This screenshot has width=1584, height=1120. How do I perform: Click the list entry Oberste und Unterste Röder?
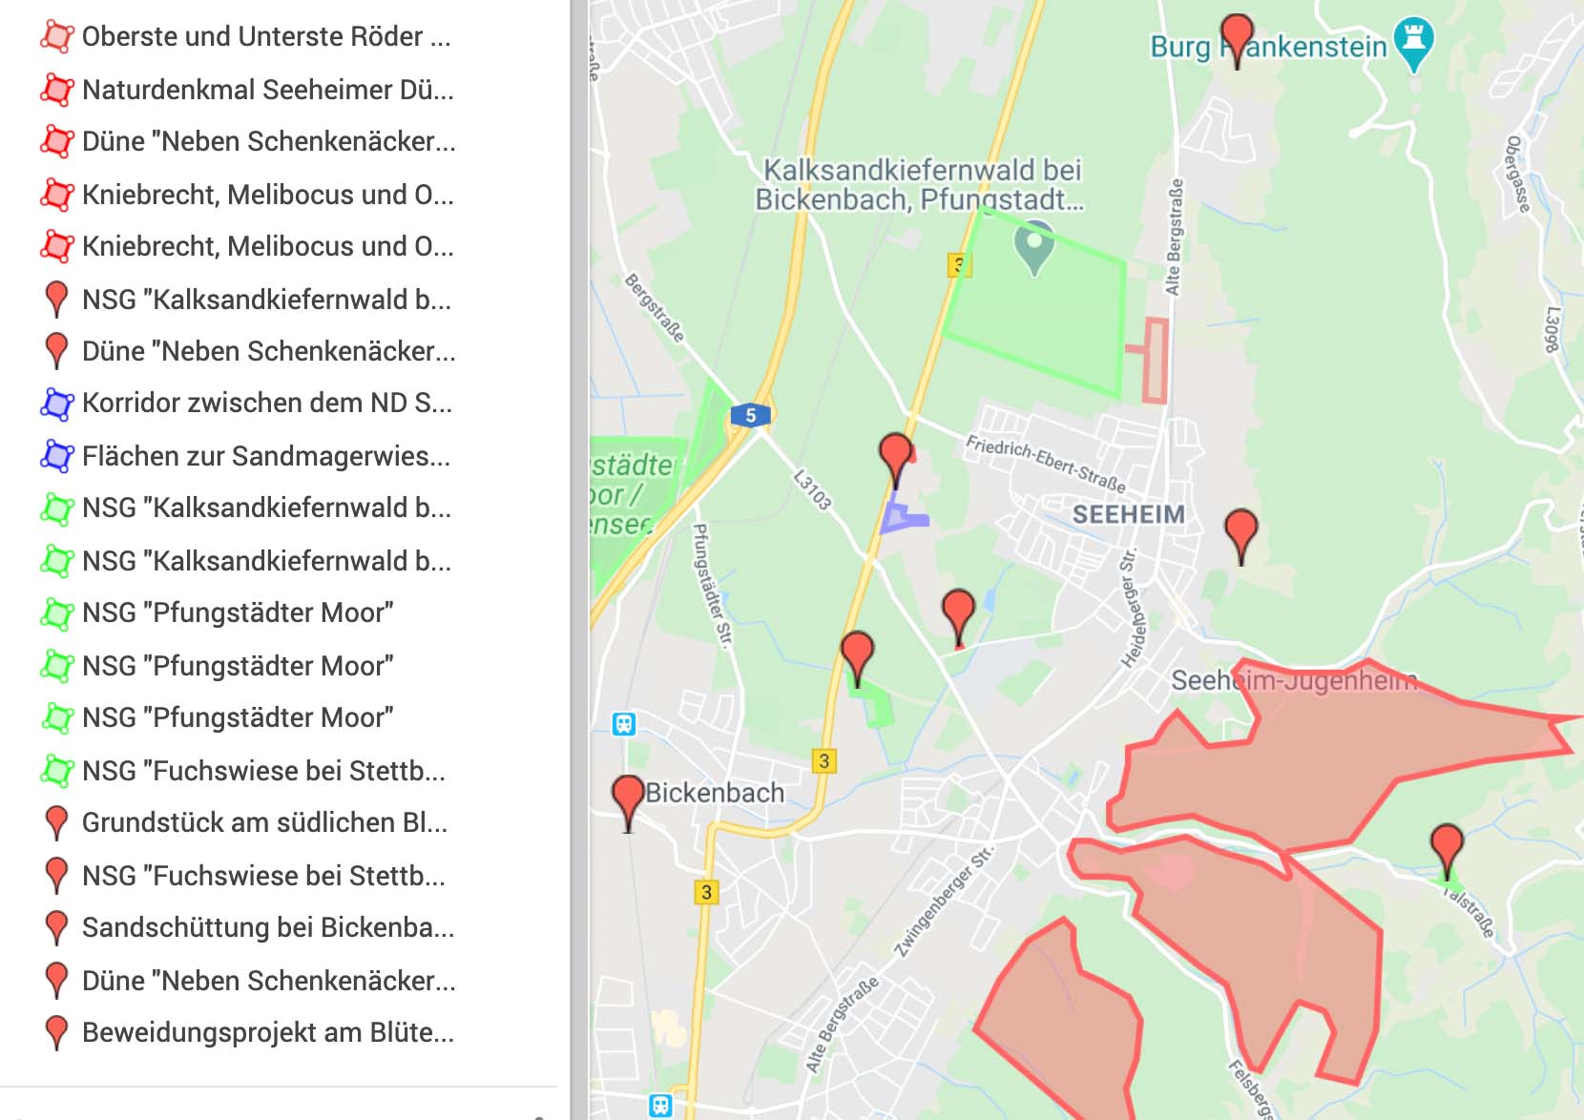[265, 37]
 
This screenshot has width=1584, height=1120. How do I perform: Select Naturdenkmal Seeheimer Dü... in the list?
[267, 90]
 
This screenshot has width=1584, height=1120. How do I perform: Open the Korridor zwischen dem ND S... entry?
[266, 403]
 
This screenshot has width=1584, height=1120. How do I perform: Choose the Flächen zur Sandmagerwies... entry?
[265, 456]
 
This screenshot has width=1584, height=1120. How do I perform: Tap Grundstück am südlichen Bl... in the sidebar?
[264, 822]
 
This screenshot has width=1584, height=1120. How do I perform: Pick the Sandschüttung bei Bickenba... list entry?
[267, 927]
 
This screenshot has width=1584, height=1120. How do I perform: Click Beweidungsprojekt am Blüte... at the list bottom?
[267, 1032]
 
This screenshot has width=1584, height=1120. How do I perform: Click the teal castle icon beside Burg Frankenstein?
[1413, 41]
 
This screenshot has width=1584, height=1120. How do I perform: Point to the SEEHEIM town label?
[1128, 515]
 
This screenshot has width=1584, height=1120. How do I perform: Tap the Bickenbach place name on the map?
[715, 793]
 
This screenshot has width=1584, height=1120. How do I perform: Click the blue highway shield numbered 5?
[750, 416]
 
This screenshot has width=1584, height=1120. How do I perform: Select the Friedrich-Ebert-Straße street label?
[1045, 464]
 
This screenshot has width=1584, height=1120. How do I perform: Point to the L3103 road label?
[812, 488]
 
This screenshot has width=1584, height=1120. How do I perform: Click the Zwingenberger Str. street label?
[943, 901]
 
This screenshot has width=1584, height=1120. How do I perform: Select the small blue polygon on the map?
[901, 518]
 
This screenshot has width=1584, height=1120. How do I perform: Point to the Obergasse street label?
[1517, 174]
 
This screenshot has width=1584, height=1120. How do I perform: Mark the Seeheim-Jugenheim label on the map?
[1294, 681]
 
